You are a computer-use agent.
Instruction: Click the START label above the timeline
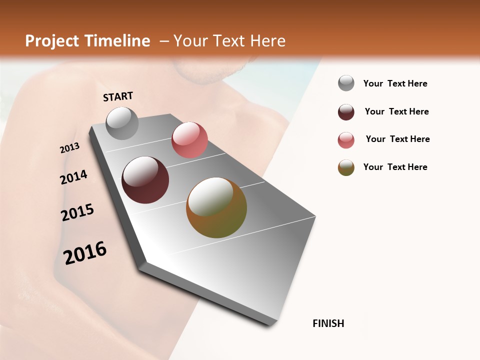118,96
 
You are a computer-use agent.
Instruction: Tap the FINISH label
328,323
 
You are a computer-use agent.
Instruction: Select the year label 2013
69,148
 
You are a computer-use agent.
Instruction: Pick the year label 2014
73,177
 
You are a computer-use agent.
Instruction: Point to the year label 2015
77,213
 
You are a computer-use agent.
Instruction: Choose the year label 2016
85,253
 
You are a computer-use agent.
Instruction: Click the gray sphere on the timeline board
122,123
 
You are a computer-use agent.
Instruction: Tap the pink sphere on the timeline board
189,140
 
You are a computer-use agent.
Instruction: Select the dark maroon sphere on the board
145,180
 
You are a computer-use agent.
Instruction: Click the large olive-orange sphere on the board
216,207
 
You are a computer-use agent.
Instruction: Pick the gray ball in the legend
346,83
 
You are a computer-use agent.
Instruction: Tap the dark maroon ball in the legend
346,112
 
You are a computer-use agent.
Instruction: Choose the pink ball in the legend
346,140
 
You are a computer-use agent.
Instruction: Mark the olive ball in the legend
346,167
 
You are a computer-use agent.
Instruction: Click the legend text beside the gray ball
395,83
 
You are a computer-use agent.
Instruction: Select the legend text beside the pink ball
397,139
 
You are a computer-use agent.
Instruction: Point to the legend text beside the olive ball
395,167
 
